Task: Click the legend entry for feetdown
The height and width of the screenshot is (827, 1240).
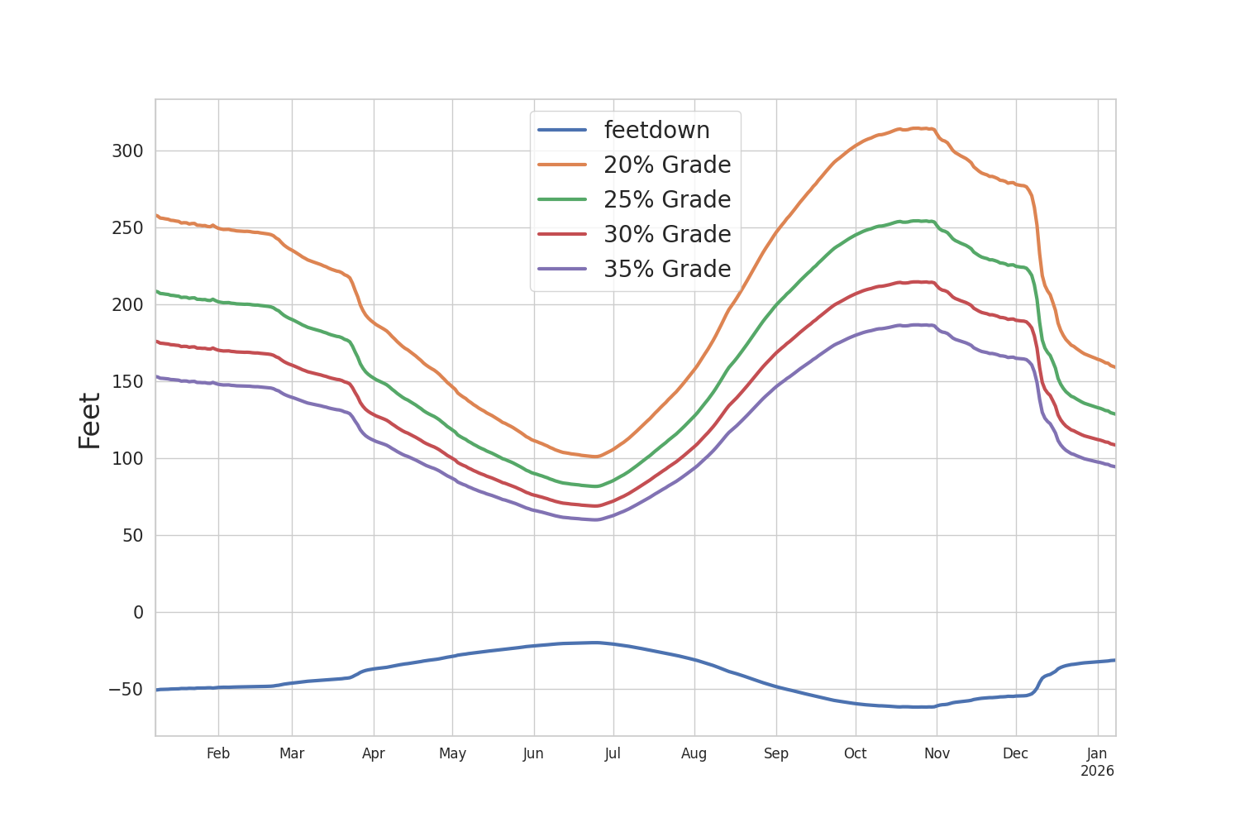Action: [x=656, y=131]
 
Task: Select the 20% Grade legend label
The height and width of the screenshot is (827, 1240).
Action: [x=666, y=165]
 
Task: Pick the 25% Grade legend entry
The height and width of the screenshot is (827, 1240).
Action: [x=666, y=200]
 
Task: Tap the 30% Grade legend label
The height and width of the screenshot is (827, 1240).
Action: [x=666, y=235]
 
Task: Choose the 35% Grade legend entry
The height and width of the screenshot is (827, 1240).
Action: [x=666, y=270]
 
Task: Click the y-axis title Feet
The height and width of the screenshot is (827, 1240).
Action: [x=90, y=421]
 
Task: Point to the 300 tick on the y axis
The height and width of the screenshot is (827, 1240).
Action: [x=127, y=151]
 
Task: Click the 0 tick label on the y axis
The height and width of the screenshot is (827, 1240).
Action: [x=138, y=613]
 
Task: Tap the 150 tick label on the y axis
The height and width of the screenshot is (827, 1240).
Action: [x=127, y=382]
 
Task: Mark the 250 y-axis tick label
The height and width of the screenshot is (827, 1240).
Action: [x=127, y=228]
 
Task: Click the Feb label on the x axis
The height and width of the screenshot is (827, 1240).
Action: [x=218, y=754]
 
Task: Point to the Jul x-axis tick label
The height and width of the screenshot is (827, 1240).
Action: [x=613, y=754]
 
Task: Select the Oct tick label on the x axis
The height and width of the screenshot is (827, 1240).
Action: [x=855, y=754]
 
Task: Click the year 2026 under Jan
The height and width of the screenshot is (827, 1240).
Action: [x=1097, y=772]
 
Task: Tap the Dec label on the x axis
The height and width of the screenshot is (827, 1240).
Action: [x=1015, y=754]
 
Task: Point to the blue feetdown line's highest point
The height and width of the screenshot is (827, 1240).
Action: [x=594, y=643]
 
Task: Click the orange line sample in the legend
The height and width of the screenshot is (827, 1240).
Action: [x=562, y=165]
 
